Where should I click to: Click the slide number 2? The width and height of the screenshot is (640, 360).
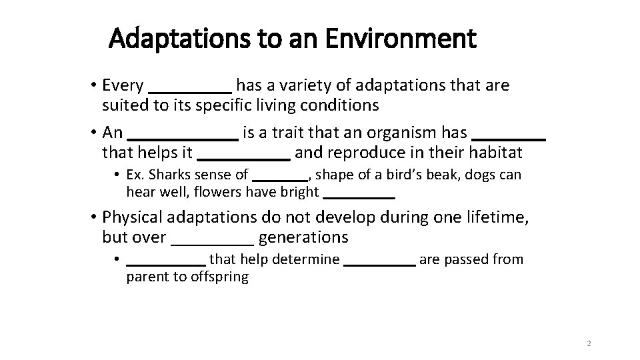[x=588, y=344]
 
